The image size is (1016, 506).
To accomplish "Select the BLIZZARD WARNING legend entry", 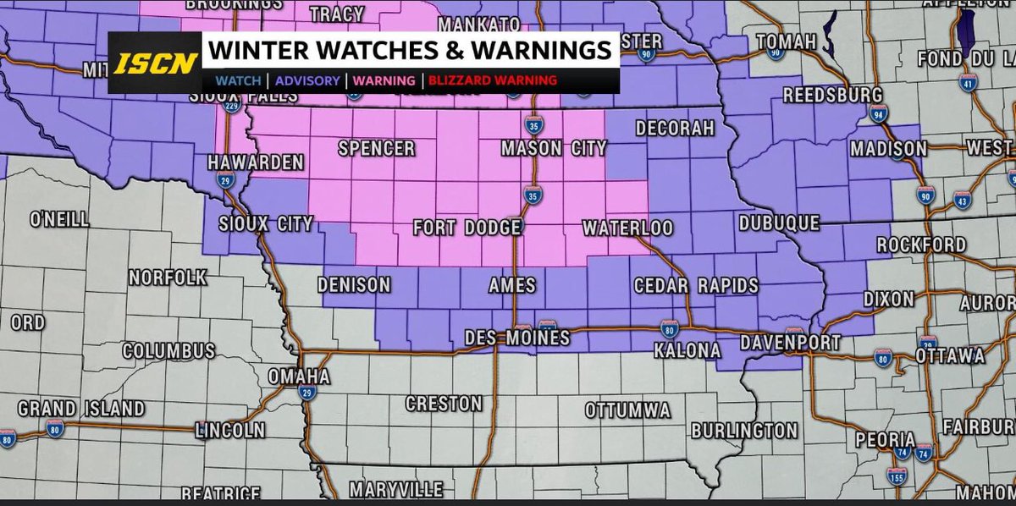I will (x=492, y=81).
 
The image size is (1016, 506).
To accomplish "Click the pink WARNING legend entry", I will (x=384, y=81).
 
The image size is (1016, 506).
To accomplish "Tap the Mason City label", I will (x=554, y=149).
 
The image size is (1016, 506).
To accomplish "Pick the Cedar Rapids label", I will (x=696, y=286).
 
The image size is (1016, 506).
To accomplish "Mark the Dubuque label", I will (x=779, y=223).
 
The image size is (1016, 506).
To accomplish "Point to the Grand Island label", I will (x=80, y=409).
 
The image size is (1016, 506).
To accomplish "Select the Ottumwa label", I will (x=627, y=410).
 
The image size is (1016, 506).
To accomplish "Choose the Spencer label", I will (x=376, y=149).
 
